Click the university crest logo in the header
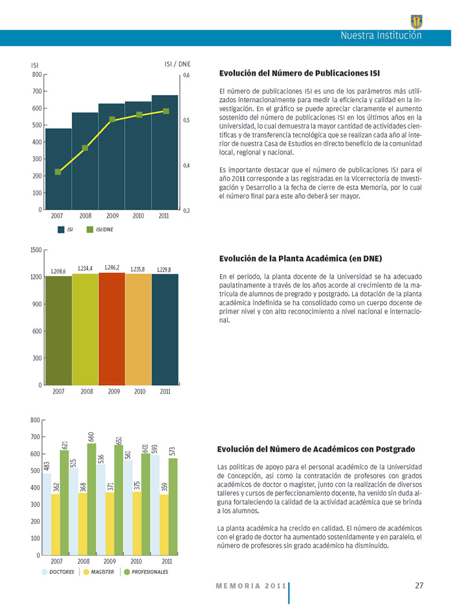[416, 22]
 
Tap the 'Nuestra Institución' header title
[381, 36]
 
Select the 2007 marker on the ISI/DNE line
[58, 172]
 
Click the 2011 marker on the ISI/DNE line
[166, 111]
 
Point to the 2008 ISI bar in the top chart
[85, 161]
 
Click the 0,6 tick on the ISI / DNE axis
[186, 76]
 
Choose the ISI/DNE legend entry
[100, 229]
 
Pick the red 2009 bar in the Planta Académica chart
[111, 329]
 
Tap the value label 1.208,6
[58, 272]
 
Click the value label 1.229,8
[164, 270]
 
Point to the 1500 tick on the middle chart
[36, 250]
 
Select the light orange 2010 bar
[138, 330]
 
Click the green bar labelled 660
[91, 500]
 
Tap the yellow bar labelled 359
[164, 525]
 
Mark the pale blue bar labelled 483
[47, 515]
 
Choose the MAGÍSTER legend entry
[99, 572]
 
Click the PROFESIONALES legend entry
[146, 572]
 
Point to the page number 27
[419, 586]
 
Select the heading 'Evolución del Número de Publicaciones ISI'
[300, 73]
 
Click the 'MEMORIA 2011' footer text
[250, 586]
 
